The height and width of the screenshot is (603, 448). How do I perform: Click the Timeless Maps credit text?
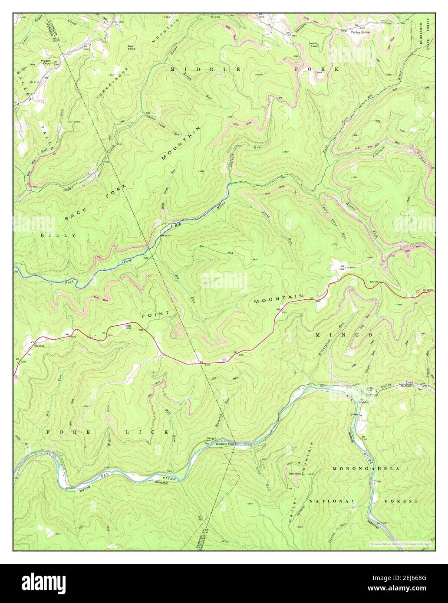point(399,544)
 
